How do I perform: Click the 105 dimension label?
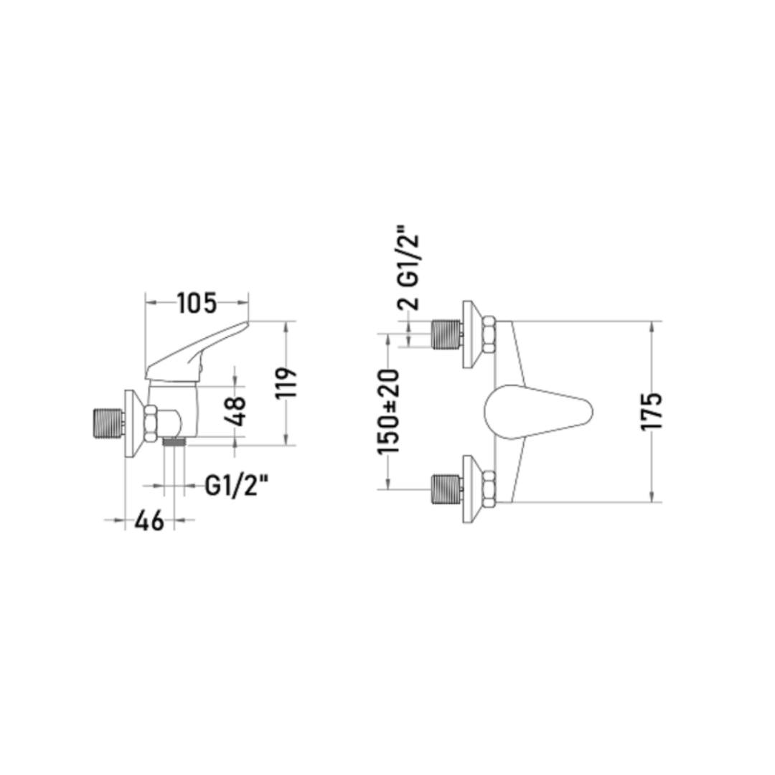(197, 304)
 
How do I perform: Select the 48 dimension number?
(235, 411)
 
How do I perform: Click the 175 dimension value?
(651, 411)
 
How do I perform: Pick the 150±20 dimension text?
(387, 411)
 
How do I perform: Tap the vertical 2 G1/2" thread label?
(409, 268)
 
